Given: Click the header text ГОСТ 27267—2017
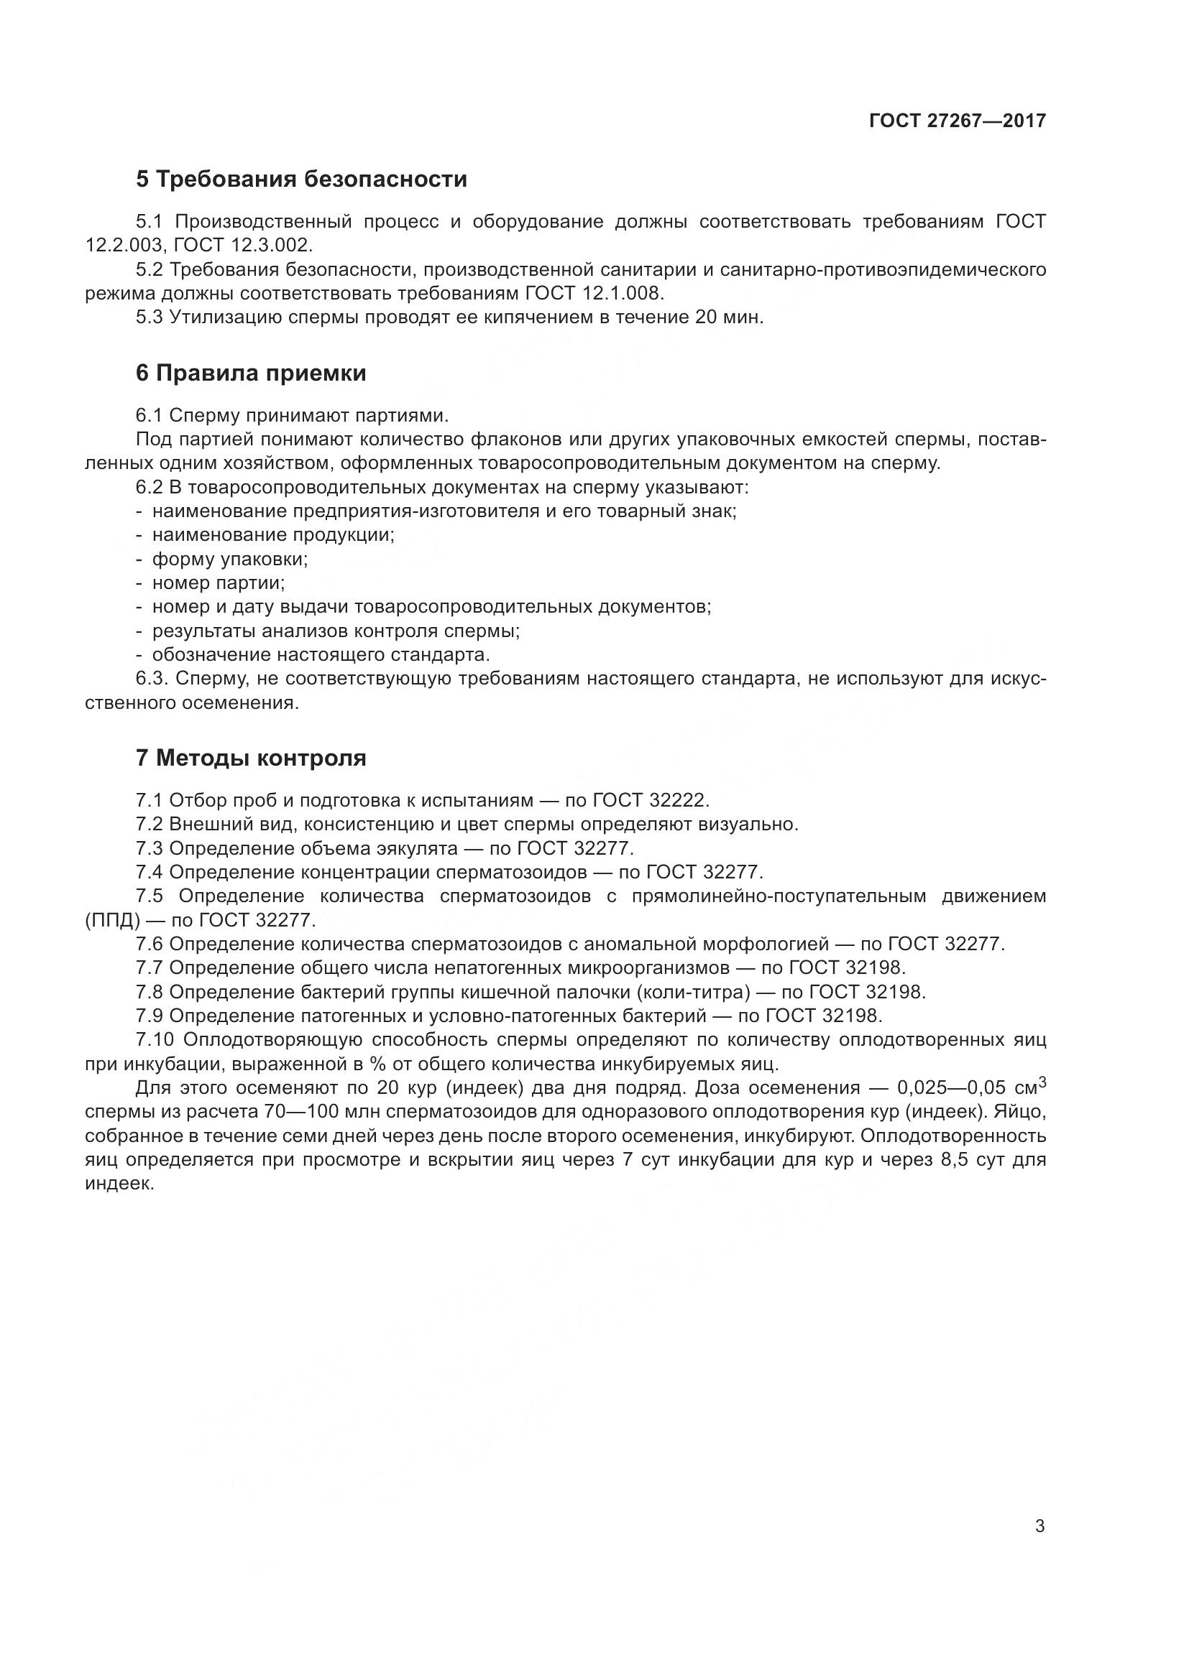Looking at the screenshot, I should point(957,121).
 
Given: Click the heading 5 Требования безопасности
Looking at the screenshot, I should point(301,180).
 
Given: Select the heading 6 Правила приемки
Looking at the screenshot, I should point(250,373).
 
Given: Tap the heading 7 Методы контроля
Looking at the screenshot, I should point(250,758).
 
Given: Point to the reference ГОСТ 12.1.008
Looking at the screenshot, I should point(594,294).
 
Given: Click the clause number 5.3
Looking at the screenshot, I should point(150,317).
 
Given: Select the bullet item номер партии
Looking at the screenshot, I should point(219,583).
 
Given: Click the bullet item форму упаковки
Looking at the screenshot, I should point(230,559).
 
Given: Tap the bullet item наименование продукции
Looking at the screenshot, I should point(272,535).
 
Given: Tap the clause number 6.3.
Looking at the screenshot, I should point(152,679).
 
